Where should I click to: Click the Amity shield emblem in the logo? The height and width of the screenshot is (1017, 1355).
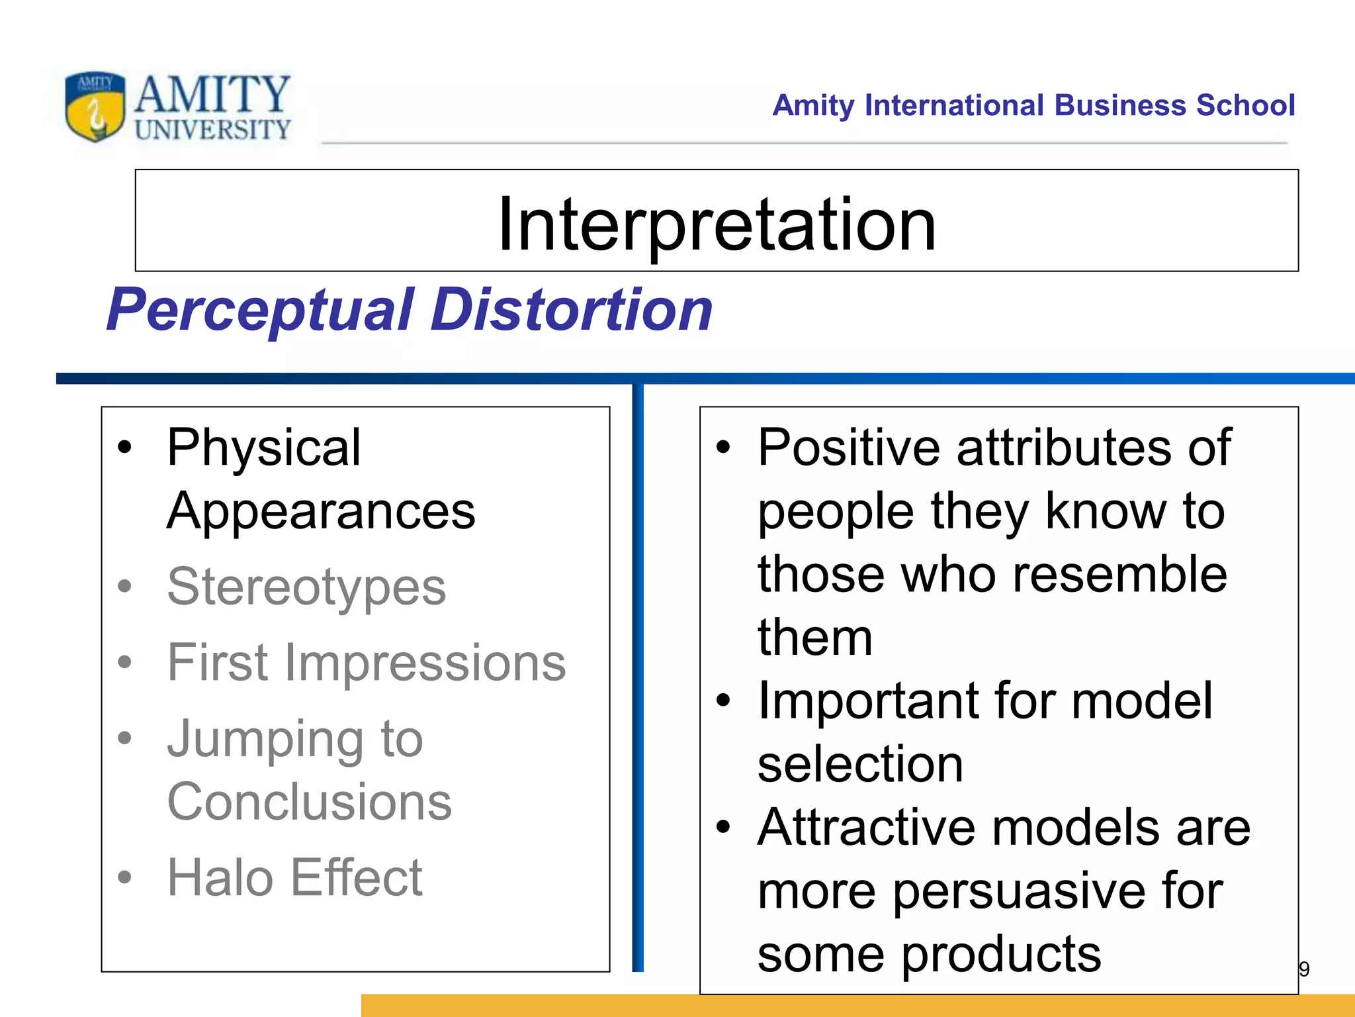tap(95, 106)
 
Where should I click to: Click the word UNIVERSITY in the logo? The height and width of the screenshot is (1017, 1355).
tap(212, 128)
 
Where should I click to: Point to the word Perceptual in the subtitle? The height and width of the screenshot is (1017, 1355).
tap(261, 310)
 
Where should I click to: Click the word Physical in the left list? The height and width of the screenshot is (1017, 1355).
tap(263, 448)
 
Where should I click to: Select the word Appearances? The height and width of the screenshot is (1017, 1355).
tap(321, 511)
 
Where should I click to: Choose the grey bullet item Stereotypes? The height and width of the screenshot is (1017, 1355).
tap(306, 587)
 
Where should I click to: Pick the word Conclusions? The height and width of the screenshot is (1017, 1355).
tap(309, 802)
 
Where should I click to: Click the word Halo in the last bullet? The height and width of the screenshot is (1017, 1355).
tap(219, 877)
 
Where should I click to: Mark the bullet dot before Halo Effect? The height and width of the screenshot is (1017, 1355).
tap(124, 877)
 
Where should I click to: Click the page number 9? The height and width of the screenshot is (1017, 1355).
tap(1304, 969)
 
